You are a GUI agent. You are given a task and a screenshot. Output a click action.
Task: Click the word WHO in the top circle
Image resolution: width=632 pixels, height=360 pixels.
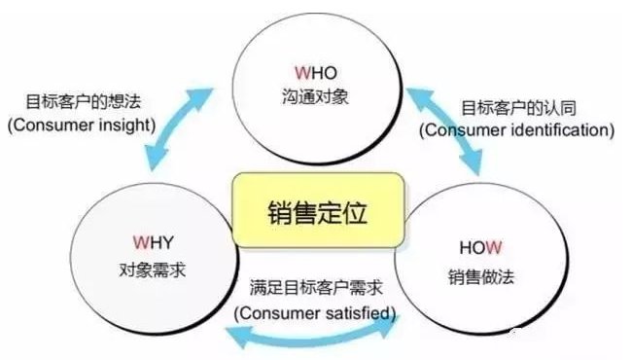[x=317, y=74]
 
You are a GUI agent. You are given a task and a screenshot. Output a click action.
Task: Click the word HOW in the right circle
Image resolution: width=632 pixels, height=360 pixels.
[x=483, y=248]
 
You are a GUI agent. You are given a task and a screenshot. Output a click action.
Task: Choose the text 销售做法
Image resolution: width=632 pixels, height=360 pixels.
[x=484, y=276]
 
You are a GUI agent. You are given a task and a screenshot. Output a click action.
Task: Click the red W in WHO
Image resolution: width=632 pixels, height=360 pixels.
[x=303, y=74]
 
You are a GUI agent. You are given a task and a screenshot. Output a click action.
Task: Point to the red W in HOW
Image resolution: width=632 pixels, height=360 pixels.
[x=496, y=248]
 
